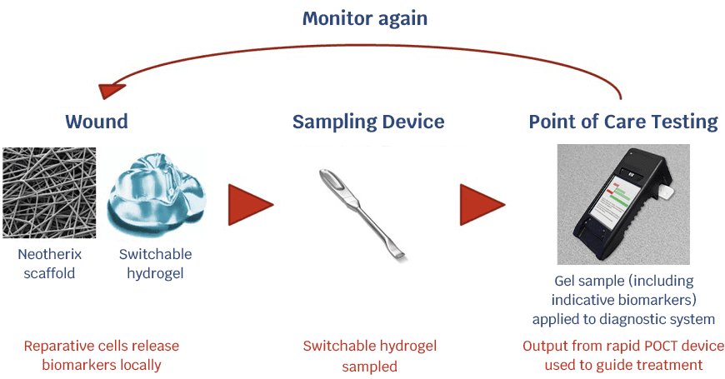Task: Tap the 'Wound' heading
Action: (97, 122)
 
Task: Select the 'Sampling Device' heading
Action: (367, 122)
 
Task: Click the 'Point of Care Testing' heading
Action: (622, 122)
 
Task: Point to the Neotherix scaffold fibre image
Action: (49, 192)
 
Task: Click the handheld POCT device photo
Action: (622, 204)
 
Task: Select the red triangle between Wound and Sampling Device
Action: (249, 204)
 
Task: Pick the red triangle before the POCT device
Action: (481, 204)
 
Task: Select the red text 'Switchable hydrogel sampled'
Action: (369, 356)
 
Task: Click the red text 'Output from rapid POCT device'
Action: (622, 346)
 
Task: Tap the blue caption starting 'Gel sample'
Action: (622, 300)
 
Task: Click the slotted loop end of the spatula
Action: (332, 179)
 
